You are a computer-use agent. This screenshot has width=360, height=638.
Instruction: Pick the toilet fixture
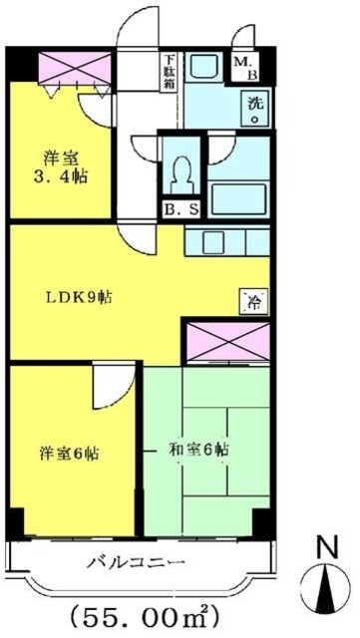[x=182, y=176]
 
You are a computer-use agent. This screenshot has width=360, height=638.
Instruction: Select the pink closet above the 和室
[x=227, y=342]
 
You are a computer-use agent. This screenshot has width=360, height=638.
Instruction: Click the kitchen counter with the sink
[x=225, y=241]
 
